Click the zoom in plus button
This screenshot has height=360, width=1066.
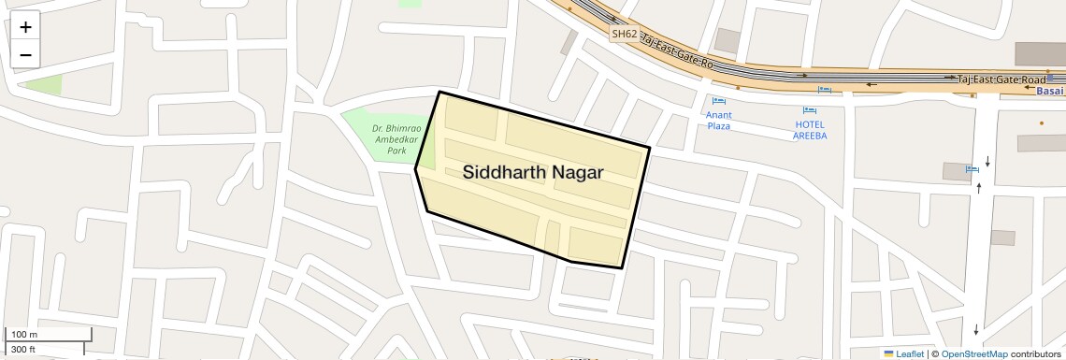(x=25, y=27)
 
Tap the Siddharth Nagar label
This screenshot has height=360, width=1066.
(x=533, y=173)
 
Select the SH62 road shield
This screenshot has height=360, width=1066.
(x=624, y=34)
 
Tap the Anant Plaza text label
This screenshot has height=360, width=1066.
(x=718, y=120)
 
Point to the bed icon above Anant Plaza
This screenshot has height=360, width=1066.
(x=718, y=101)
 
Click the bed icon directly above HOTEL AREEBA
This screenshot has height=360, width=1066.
(x=824, y=90)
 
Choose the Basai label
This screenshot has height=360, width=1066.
(x=1050, y=92)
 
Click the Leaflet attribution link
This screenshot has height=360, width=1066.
(x=903, y=353)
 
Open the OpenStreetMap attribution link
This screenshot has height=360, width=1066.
(x=973, y=353)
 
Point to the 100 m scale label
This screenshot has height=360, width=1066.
(x=23, y=335)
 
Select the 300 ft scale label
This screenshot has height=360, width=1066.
(x=23, y=349)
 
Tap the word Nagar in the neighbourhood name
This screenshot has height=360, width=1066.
(x=576, y=173)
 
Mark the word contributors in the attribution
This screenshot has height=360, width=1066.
(x=1036, y=353)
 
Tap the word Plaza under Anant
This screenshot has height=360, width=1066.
(x=718, y=125)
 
